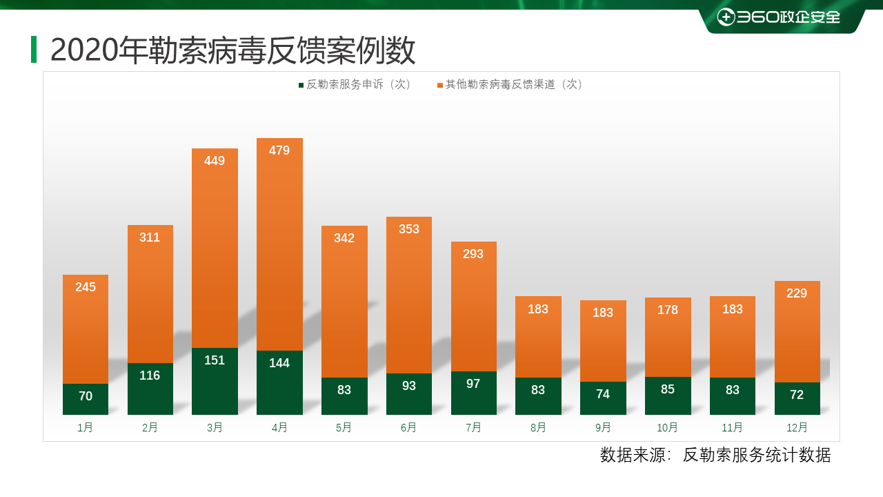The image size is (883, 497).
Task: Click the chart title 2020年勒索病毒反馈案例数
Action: (232, 50)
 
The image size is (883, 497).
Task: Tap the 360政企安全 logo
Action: (779, 17)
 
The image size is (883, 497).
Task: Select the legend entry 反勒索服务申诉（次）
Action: (355, 84)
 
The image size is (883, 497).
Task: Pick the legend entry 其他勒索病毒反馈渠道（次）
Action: (510, 84)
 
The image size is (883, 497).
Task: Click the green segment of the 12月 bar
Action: (797, 398)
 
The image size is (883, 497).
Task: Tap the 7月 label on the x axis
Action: (473, 428)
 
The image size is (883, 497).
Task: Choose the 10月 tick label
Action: (667, 428)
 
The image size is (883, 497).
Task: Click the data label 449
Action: (215, 161)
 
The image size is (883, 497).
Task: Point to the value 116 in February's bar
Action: (150, 376)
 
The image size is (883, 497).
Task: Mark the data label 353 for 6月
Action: (409, 229)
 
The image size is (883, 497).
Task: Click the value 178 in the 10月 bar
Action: (668, 310)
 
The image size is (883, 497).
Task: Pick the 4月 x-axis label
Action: (279, 428)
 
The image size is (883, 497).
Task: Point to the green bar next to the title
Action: (34, 49)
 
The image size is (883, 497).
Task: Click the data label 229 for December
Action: (797, 293)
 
